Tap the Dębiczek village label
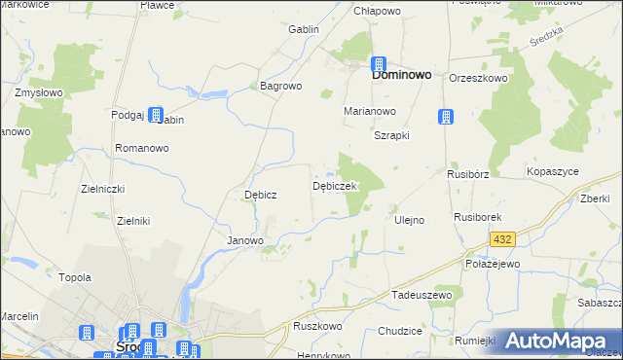coord(336,185)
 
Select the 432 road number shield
coord(502,238)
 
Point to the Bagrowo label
coord(281,86)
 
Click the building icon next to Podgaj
coord(155,114)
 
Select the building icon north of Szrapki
coord(445,116)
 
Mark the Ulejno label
coord(409,220)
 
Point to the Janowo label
coord(245,240)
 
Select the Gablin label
coord(304,29)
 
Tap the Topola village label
coord(75,277)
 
